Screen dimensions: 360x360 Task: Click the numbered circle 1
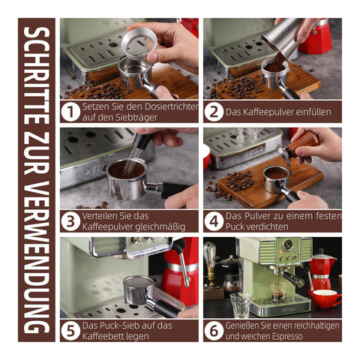pyautogui.click(x=70, y=112)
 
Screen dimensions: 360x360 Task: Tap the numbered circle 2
pyautogui.click(x=214, y=112)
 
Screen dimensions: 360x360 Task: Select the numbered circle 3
pyautogui.click(x=70, y=221)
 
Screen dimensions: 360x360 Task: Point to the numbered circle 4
pyautogui.click(x=214, y=221)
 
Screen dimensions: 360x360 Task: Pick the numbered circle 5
pyautogui.click(x=70, y=331)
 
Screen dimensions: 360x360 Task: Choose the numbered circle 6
pyautogui.click(x=214, y=331)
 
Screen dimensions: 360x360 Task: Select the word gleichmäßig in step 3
pyautogui.click(x=160, y=227)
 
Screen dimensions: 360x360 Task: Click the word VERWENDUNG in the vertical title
pyautogui.click(x=37, y=257)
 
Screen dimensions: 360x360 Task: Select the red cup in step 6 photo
pyautogui.click(x=325, y=298)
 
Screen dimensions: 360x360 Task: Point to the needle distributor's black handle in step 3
pyautogui.click(x=139, y=140)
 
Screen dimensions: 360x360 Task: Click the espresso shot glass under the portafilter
pyautogui.click(x=278, y=291)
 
